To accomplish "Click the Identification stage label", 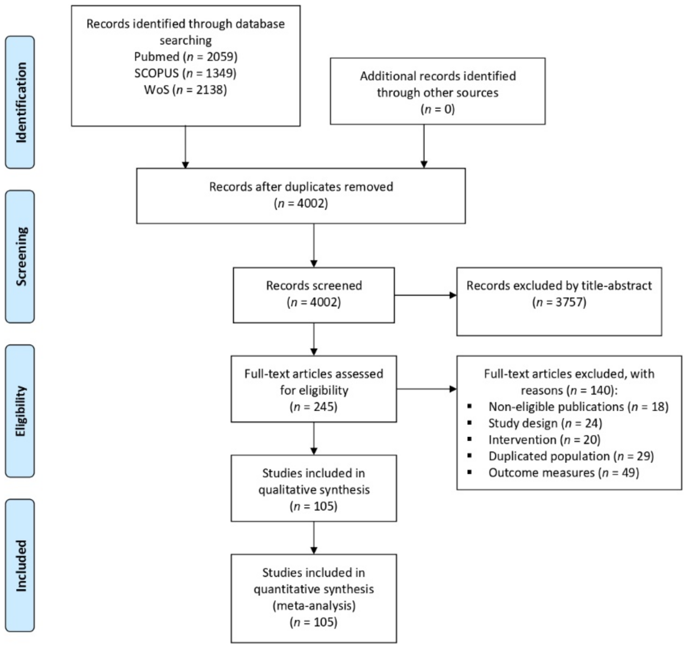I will [x=20, y=102].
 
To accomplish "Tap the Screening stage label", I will [x=20, y=256].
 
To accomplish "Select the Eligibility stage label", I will [x=20, y=411].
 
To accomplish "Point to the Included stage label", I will [x=20, y=565].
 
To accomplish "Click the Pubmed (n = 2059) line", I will [x=186, y=57].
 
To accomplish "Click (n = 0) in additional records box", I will [x=437, y=110].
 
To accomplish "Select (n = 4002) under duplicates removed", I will [x=301, y=203].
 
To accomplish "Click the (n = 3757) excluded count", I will [x=559, y=302].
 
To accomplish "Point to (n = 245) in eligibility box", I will [x=314, y=406].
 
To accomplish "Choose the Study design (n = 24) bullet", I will [x=545, y=423].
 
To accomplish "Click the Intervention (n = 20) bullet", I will [x=544, y=440].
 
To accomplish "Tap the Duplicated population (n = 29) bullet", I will [x=571, y=456].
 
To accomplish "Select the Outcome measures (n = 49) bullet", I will [x=563, y=473].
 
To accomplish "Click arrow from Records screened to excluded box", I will [x=425, y=295].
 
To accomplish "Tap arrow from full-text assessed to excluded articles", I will [x=426, y=389].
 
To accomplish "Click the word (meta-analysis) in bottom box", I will [x=314, y=606].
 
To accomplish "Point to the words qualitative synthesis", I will [x=314, y=490].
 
